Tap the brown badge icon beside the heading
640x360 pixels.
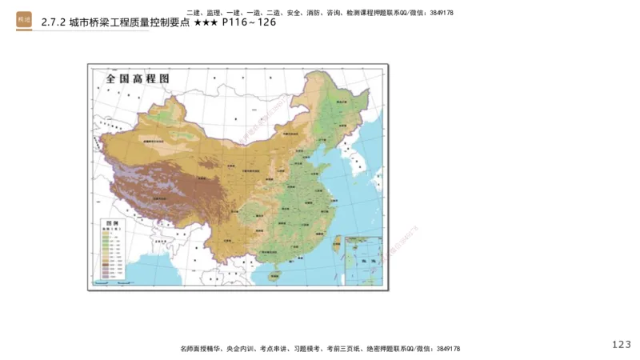pos(24,22)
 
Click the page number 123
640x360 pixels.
pos(621,344)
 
